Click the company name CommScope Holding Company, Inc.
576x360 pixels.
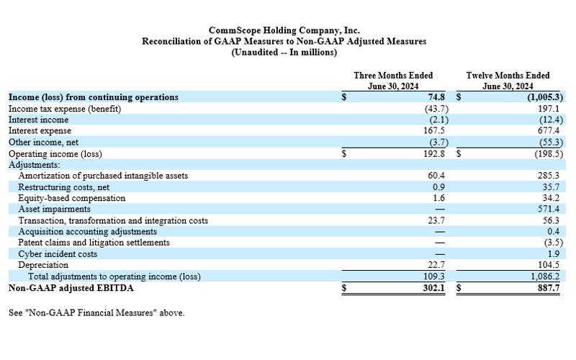(x=284, y=30)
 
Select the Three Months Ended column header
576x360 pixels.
(x=393, y=81)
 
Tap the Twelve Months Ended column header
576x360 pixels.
(x=508, y=81)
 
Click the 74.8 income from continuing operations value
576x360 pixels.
(x=436, y=97)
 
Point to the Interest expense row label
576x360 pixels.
(x=40, y=131)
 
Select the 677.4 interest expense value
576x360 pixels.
(x=549, y=131)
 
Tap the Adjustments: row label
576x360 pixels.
(x=34, y=165)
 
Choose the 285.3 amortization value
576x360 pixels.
(x=549, y=176)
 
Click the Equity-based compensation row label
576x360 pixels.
(x=71, y=198)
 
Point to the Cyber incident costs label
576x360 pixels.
(x=58, y=254)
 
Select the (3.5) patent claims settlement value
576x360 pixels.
(x=553, y=243)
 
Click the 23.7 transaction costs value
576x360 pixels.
(x=436, y=220)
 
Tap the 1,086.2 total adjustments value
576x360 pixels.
(x=546, y=276)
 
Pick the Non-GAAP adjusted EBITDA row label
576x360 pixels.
(x=71, y=287)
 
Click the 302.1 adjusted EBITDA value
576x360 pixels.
(x=434, y=287)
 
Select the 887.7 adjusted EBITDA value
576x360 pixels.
(x=549, y=287)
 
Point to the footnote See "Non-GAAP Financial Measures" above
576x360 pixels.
(x=96, y=312)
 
